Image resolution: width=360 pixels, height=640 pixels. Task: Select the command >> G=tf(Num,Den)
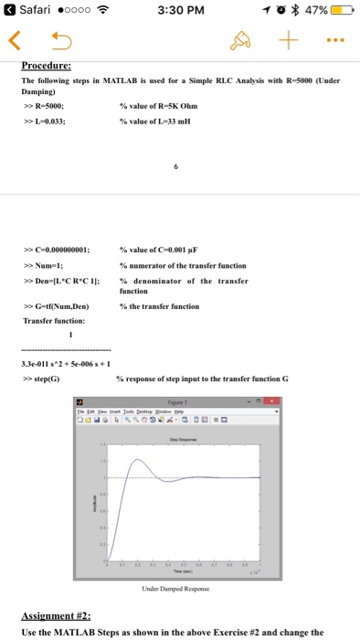[x=58, y=306]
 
